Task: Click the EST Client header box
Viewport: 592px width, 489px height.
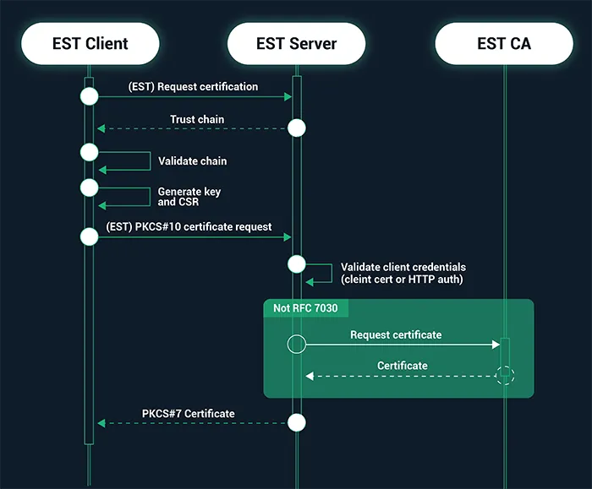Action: point(90,44)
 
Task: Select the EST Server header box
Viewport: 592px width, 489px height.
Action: point(296,44)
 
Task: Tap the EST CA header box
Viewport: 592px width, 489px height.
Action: point(503,44)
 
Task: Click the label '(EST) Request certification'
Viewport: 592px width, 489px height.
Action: point(193,87)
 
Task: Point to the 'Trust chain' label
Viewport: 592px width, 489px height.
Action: point(197,119)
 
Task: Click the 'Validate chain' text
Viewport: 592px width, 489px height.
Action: point(192,160)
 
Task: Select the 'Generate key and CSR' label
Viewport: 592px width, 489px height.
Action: point(189,197)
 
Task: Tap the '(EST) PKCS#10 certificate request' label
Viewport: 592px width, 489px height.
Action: point(189,226)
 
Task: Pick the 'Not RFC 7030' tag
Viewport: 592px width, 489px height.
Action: point(305,308)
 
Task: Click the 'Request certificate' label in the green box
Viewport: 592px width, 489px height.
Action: point(396,334)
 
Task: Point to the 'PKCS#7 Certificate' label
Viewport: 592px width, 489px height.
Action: point(189,413)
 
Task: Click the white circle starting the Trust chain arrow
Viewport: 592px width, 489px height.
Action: point(296,128)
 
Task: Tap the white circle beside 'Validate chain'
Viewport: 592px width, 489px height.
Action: point(90,152)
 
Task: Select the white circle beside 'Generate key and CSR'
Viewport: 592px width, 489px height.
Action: point(90,187)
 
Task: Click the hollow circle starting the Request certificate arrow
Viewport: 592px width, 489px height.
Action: point(296,344)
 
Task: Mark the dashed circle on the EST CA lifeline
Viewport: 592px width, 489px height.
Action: point(505,375)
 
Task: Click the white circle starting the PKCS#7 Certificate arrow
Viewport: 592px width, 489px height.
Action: point(296,422)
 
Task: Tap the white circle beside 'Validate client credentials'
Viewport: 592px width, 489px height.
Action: point(296,264)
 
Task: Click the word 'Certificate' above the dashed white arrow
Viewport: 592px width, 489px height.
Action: point(403,366)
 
